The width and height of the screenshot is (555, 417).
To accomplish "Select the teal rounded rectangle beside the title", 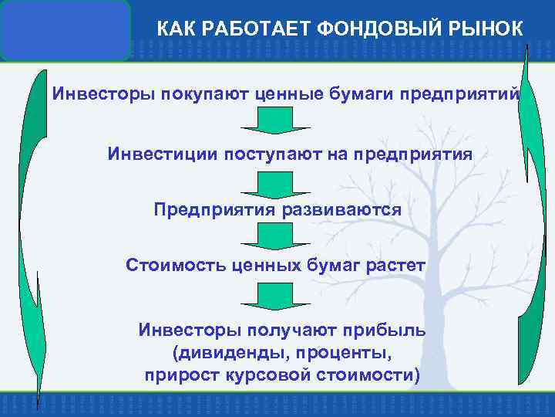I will pos(66,30).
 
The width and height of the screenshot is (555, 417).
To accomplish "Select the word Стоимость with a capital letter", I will pos(175,266).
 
